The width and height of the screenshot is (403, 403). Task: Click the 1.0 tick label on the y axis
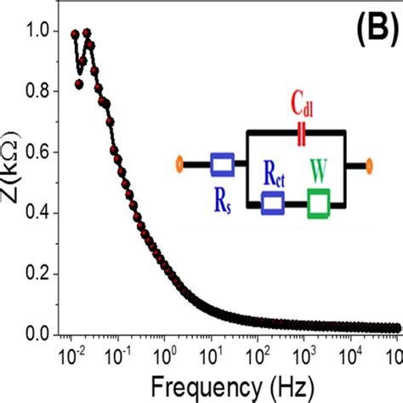37,32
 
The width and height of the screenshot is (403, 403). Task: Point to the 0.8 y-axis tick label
37,93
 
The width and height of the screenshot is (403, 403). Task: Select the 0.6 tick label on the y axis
37,153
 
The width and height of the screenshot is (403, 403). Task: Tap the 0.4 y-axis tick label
37,213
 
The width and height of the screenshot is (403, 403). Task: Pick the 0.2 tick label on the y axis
37,274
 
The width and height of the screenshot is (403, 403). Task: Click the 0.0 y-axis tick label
37,334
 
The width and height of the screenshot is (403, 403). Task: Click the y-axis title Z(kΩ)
12,183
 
